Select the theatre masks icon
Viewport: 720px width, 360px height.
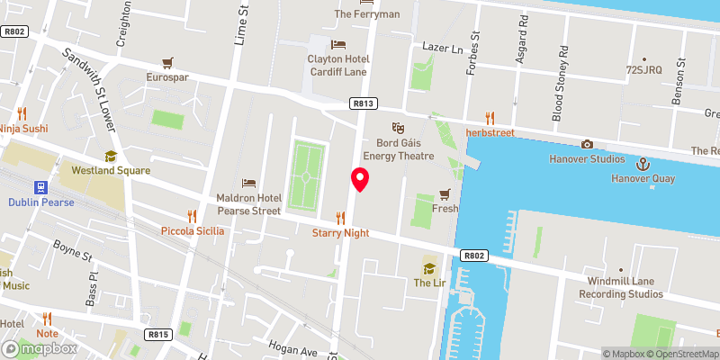coord(397,128)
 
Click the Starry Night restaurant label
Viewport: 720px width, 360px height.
coord(340,233)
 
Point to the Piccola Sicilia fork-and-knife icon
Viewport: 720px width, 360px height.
coord(192,216)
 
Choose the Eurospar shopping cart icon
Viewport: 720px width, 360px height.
coord(167,62)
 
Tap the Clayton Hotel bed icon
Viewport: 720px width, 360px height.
coord(338,44)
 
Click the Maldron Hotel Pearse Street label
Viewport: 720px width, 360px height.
coord(248,204)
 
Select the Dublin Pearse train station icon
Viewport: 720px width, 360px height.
coord(40,187)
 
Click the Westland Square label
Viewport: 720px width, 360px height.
coord(112,170)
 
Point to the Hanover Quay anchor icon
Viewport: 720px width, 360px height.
coord(643,164)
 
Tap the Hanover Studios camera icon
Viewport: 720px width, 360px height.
coord(587,144)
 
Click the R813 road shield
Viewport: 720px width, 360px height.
coord(363,103)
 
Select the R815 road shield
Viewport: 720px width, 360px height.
coord(158,335)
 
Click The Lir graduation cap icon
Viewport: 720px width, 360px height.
coord(428,267)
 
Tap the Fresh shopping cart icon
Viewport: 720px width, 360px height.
coord(444,193)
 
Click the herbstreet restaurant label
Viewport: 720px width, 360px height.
coord(489,132)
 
